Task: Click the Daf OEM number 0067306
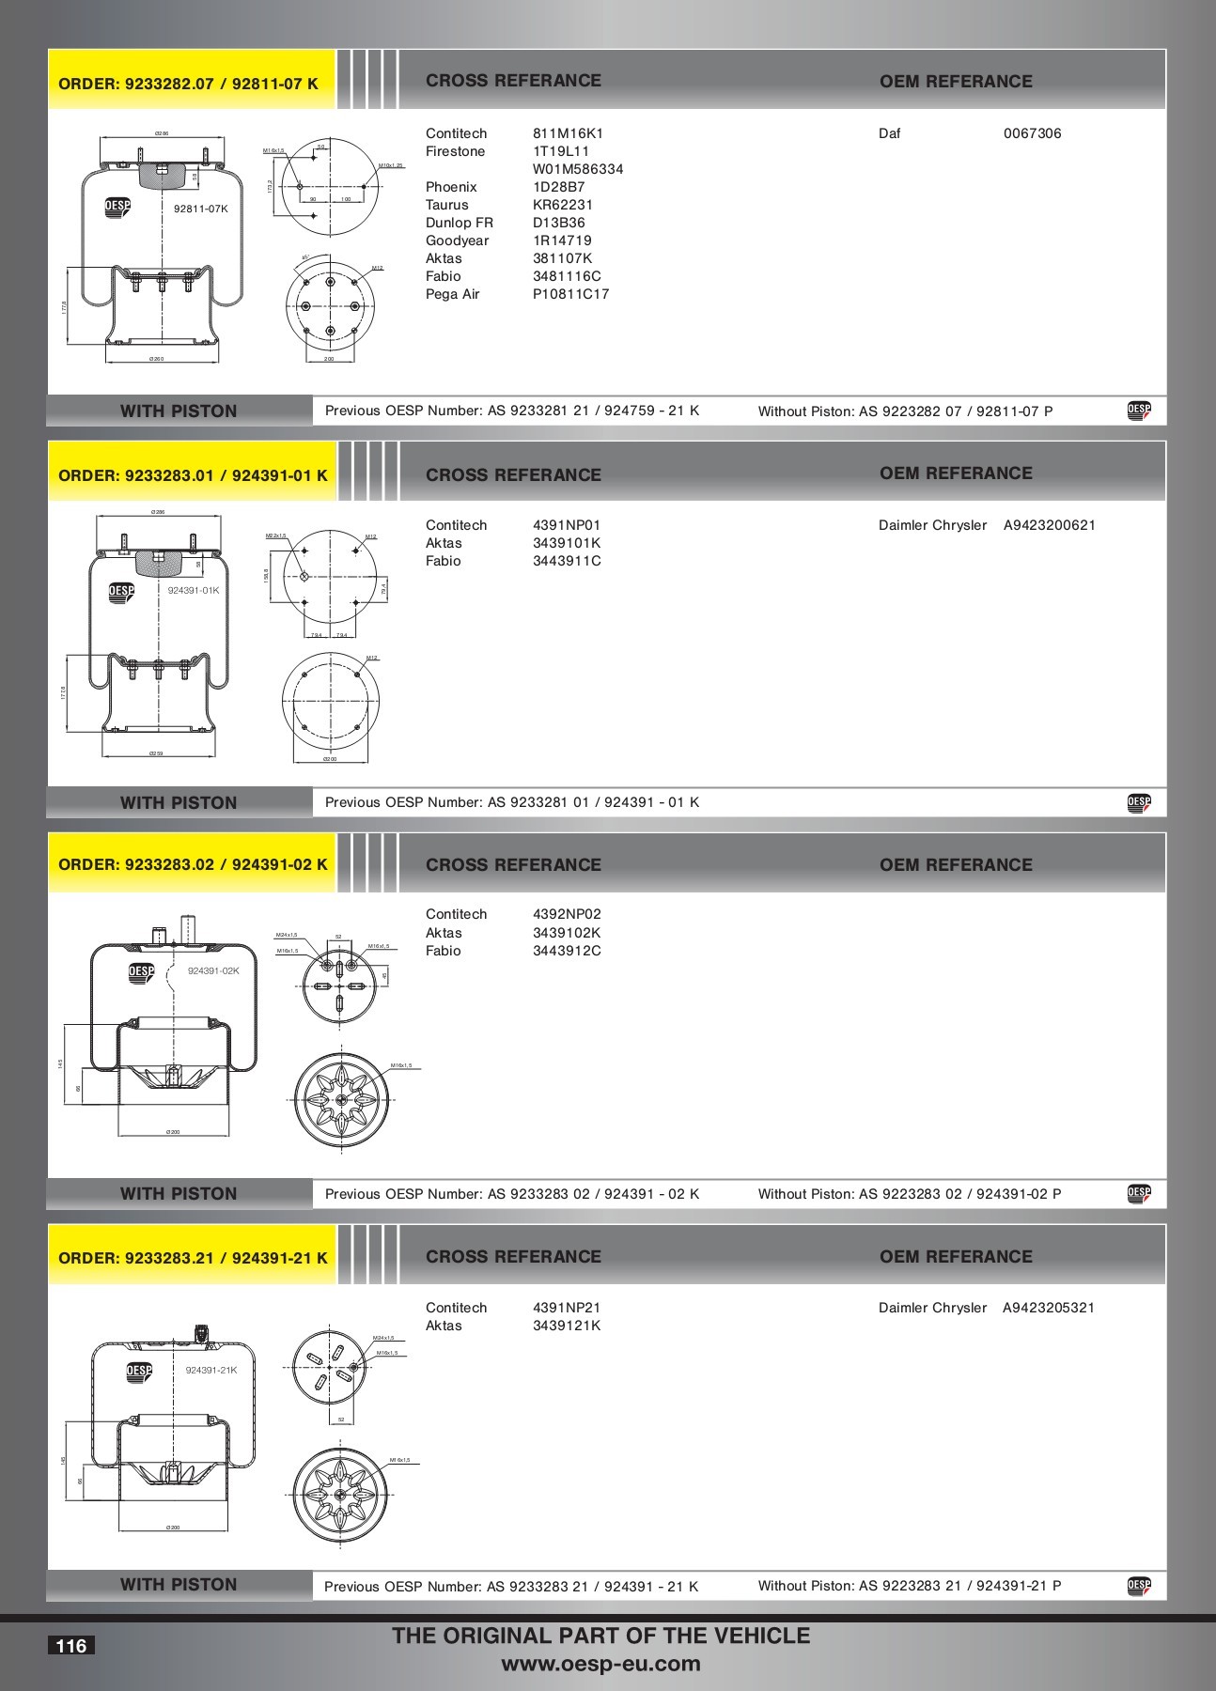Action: [1032, 133]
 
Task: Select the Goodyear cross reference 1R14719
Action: [562, 240]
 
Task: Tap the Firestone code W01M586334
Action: [578, 169]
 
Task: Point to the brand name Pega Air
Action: [452, 294]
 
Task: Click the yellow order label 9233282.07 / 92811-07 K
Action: [188, 84]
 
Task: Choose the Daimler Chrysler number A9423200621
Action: [1049, 525]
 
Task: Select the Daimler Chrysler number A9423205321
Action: [1049, 1308]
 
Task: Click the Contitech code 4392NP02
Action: [567, 914]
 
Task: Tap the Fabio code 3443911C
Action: [567, 561]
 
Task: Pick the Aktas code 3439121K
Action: [567, 1326]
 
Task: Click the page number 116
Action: [71, 1646]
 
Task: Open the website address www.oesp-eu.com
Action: [600, 1664]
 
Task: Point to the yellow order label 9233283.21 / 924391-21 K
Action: [193, 1258]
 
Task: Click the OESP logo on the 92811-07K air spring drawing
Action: [117, 208]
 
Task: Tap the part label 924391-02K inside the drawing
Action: [213, 970]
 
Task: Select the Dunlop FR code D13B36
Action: [558, 223]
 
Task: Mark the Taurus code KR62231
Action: [562, 205]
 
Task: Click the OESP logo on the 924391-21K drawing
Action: [139, 1371]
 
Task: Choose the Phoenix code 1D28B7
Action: [558, 187]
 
